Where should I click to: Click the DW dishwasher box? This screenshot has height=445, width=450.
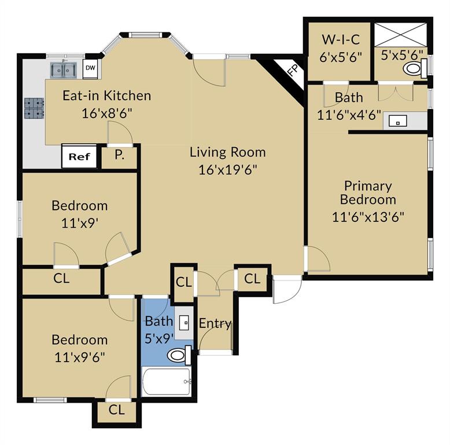point(91,68)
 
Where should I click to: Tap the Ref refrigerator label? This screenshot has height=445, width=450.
point(79,156)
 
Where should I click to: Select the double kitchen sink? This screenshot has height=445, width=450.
point(63,70)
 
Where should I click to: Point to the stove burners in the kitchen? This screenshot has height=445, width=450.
point(34,108)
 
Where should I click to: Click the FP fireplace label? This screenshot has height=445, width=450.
point(293,71)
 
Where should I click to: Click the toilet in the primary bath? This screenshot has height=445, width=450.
point(413,69)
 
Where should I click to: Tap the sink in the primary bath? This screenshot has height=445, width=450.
point(398,121)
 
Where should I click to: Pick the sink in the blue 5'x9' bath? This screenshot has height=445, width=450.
point(185,321)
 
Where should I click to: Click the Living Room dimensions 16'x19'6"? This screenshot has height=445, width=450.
point(228,169)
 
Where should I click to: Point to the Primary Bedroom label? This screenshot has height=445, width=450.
point(368,193)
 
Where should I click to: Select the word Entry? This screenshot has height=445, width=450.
point(215,323)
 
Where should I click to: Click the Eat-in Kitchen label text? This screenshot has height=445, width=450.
point(106,96)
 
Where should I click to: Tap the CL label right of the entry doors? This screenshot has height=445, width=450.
point(252,279)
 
